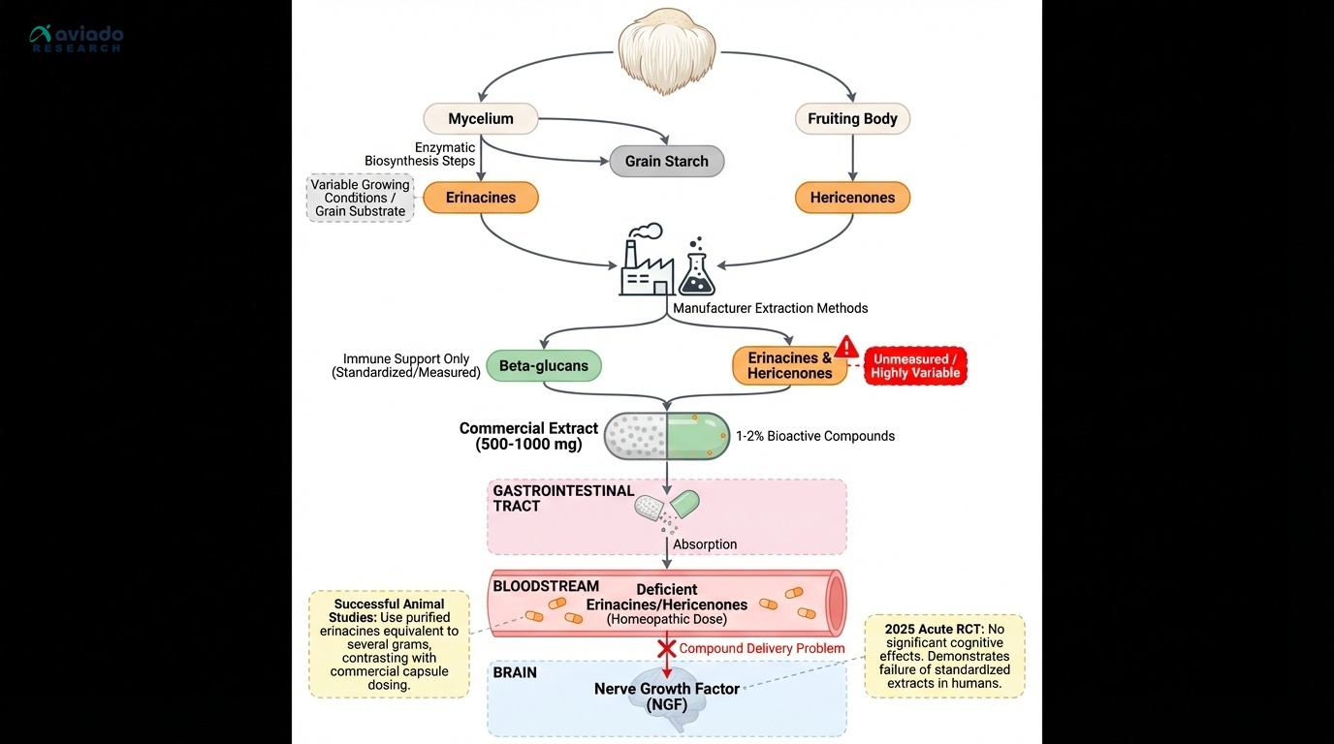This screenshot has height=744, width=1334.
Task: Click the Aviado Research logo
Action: click(77, 39)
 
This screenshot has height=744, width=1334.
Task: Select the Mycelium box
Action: click(481, 119)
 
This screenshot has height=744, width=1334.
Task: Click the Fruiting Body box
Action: click(852, 119)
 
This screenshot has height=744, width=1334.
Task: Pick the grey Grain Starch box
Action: click(666, 161)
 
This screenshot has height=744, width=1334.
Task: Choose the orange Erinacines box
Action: click(481, 198)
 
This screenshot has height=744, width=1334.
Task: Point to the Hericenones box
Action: click(852, 198)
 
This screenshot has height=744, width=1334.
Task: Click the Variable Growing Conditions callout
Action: click(360, 198)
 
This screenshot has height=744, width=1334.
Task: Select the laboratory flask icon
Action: click(696, 269)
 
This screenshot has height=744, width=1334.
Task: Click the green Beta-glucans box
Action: click(543, 366)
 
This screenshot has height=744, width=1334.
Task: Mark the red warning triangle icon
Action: click(847, 347)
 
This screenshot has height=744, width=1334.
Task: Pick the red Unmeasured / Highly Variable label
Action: click(915, 366)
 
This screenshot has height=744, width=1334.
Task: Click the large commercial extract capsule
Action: click(666, 436)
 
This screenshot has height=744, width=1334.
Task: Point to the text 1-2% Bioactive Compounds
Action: click(815, 436)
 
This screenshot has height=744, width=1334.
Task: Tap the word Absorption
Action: click(705, 544)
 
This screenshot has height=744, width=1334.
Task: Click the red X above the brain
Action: click(667, 647)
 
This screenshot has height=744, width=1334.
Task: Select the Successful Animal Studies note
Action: click(388, 644)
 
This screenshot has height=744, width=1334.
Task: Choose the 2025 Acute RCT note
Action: click(944, 656)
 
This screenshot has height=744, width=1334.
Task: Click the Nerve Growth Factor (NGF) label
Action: click(667, 697)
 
